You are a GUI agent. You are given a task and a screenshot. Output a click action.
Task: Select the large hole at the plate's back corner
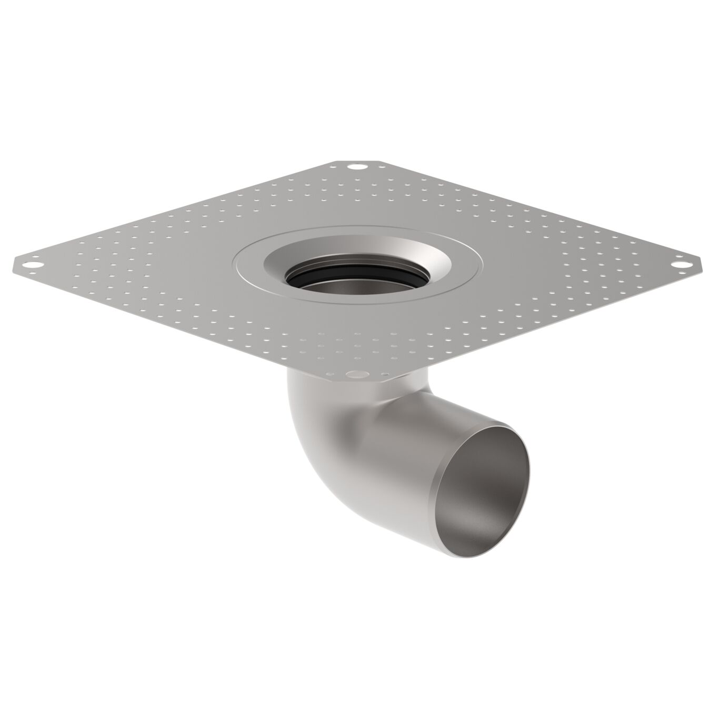point(357,167)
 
